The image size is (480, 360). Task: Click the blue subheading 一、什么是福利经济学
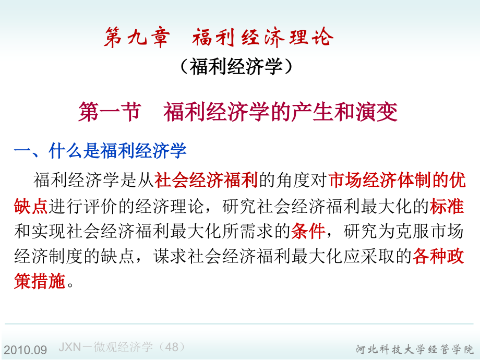(100, 151)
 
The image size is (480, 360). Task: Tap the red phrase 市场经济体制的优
(397, 181)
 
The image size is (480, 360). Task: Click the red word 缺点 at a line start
(31, 206)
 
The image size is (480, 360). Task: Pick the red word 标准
(447, 206)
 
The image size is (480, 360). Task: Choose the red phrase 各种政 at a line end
(438, 257)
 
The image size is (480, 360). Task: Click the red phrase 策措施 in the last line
(40, 282)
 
